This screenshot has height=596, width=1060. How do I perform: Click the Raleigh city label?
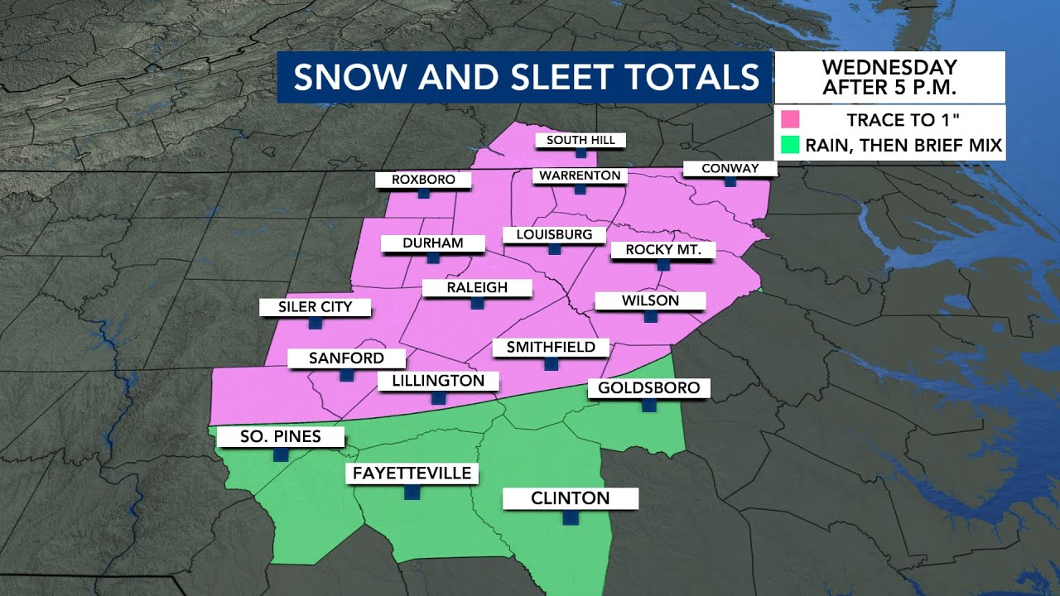pos(476,288)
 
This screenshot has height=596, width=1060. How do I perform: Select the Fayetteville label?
pos(412,473)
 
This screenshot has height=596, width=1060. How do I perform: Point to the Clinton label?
pos(571,498)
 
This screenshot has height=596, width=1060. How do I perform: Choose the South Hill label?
pos(581,140)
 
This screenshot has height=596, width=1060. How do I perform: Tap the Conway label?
pos(730,168)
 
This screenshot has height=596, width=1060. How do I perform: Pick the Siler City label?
pos(315,307)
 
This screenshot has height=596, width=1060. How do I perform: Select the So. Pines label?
pos(280,436)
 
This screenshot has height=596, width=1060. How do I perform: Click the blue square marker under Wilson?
pos(650,316)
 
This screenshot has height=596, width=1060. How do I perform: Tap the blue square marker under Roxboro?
pos(423,193)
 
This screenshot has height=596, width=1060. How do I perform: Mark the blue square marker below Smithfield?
pos(551,363)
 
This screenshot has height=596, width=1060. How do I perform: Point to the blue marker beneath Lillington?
pos(438,398)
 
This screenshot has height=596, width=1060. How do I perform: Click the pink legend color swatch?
pos(790,118)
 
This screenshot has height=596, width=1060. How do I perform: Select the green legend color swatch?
pos(790,146)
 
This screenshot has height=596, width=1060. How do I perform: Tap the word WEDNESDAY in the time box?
pos(889,67)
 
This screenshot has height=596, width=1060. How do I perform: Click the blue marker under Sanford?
pos(346,375)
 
